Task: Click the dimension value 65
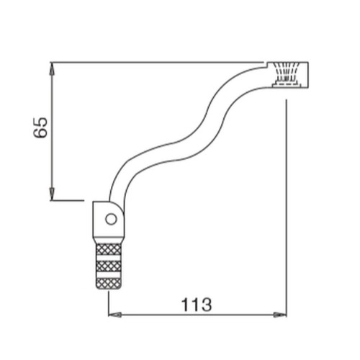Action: click(x=40, y=127)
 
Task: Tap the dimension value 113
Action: click(x=197, y=305)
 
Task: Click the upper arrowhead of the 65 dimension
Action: click(x=52, y=68)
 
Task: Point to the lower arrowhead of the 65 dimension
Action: click(x=52, y=194)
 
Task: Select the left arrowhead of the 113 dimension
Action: click(x=115, y=315)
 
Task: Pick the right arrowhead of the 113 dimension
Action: click(x=280, y=315)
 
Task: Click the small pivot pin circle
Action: click(x=111, y=219)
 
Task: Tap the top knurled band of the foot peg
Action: click(x=108, y=249)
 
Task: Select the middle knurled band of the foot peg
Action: click(x=108, y=266)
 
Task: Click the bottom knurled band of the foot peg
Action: click(x=108, y=283)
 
